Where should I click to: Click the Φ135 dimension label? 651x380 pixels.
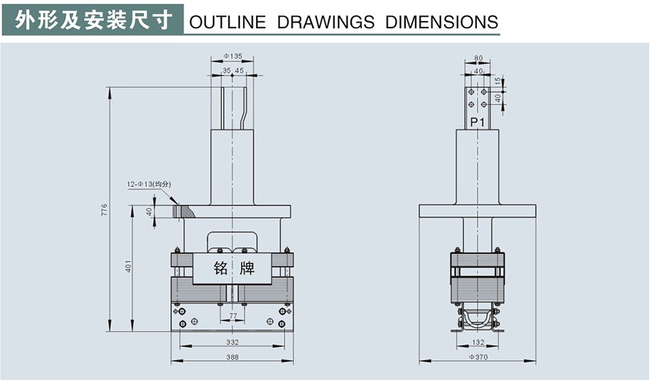(x=233, y=56)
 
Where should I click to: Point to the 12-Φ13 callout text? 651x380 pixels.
(x=148, y=184)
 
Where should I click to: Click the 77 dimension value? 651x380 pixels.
(x=233, y=316)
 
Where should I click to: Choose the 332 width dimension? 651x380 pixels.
(x=233, y=341)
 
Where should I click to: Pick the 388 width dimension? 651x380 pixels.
(x=233, y=357)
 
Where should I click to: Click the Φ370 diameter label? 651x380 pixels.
(x=478, y=357)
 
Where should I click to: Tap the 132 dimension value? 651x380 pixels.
(x=478, y=341)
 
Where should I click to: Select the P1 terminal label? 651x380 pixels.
(x=477, y=122)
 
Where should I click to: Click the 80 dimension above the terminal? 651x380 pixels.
(x=478, y=57)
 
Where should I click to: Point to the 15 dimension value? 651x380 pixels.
(x=498, y=80)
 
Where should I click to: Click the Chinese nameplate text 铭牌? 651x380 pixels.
(x=234, y=268)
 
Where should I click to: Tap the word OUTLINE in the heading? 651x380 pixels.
(x=227, y=22)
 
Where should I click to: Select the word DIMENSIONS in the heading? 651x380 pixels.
(x=442, y=22)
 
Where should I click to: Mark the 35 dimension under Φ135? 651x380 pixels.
(x=227, y=71)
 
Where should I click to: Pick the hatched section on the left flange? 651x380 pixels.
(x=184, y=212)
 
